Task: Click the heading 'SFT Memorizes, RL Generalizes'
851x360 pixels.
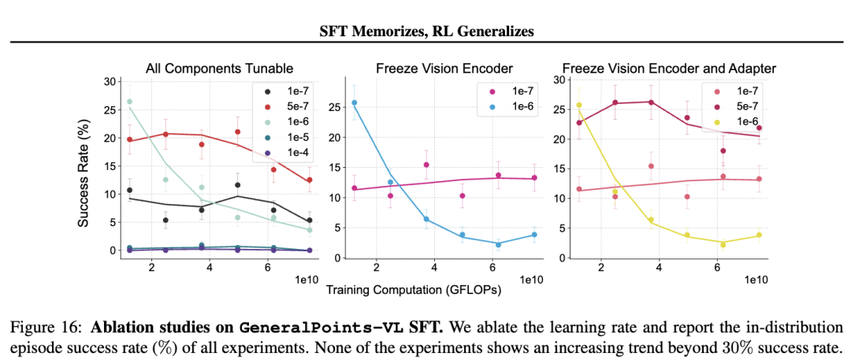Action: (x=425, y=32)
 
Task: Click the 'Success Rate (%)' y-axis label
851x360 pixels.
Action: (x=84, y=169)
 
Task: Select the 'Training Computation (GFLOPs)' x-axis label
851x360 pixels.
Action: (x=414, y=290)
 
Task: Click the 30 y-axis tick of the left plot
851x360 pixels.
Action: (x=110, y=81)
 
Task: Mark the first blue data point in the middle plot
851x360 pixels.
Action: (x=354, y=102)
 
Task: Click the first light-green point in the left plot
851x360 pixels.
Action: (x=130, y=102)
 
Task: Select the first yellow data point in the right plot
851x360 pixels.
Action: (x=579, y=105)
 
